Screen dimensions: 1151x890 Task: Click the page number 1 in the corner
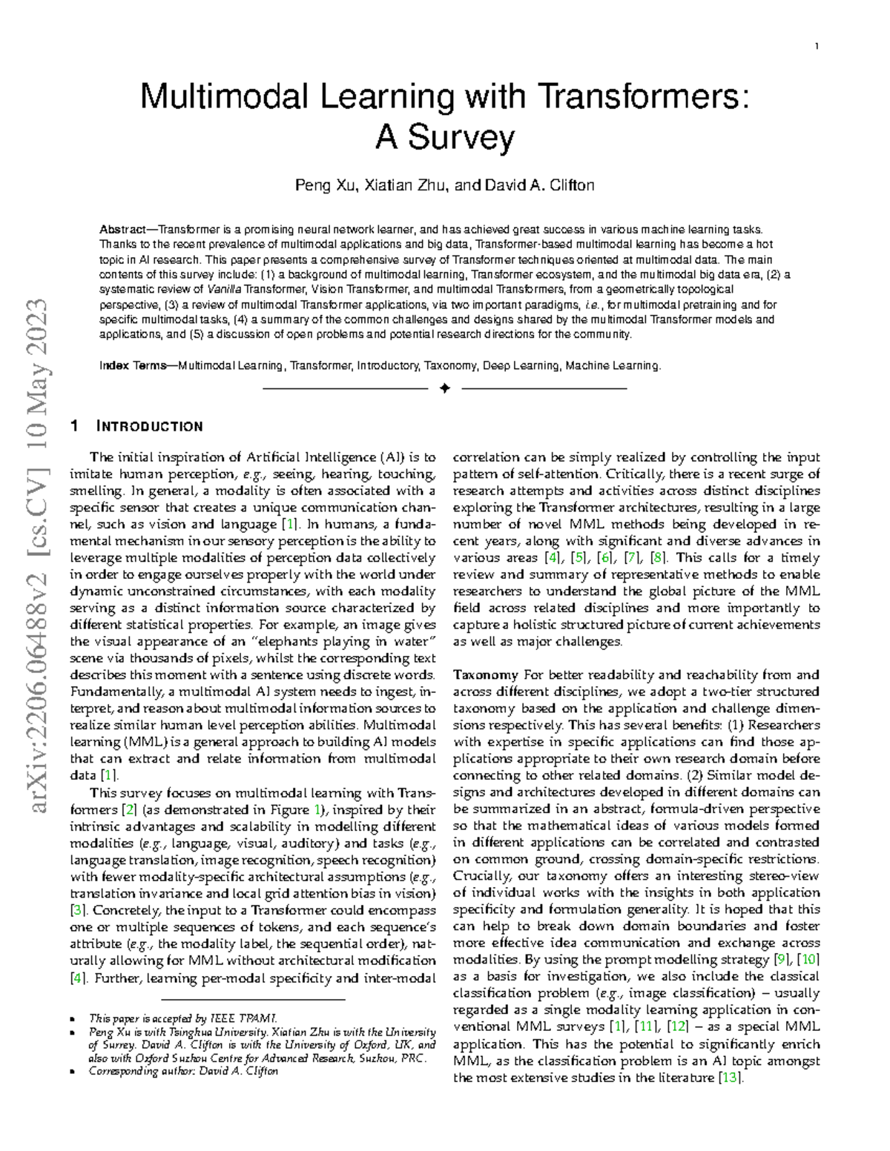coord(817,47)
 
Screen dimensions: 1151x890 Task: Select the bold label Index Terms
coord(133,365)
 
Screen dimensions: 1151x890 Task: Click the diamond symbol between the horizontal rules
coord(445,388)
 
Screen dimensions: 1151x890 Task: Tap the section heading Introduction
coord(149,426)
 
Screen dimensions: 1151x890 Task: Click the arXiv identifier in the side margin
coord(36,556)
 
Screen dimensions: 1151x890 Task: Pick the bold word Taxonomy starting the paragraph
coord(485,674)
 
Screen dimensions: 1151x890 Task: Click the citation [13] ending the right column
coord(731,1078)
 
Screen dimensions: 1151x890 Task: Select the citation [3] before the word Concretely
coord(79,910)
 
